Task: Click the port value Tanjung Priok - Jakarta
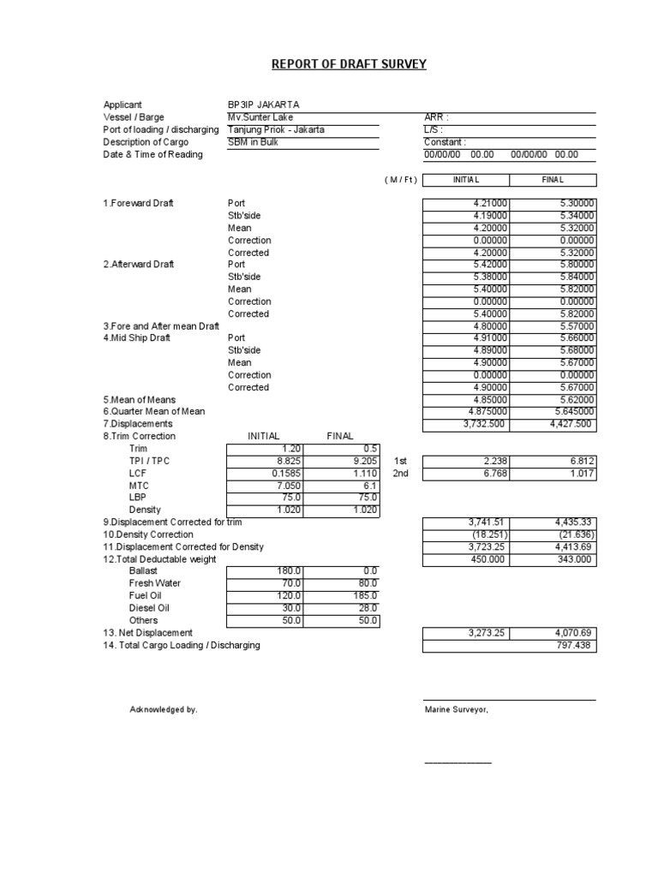[276, 130]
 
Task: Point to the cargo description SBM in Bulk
[253, 142]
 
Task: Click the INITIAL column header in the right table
[465, 180]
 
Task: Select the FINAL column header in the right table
[553, 180]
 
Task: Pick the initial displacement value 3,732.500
[485, 424]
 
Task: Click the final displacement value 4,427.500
[571, 424]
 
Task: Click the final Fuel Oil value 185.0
[364, 595]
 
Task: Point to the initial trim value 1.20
[291, 448]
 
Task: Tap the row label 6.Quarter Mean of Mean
[155, 412]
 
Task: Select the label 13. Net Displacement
[147, 632]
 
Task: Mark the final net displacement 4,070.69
[575, 633]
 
